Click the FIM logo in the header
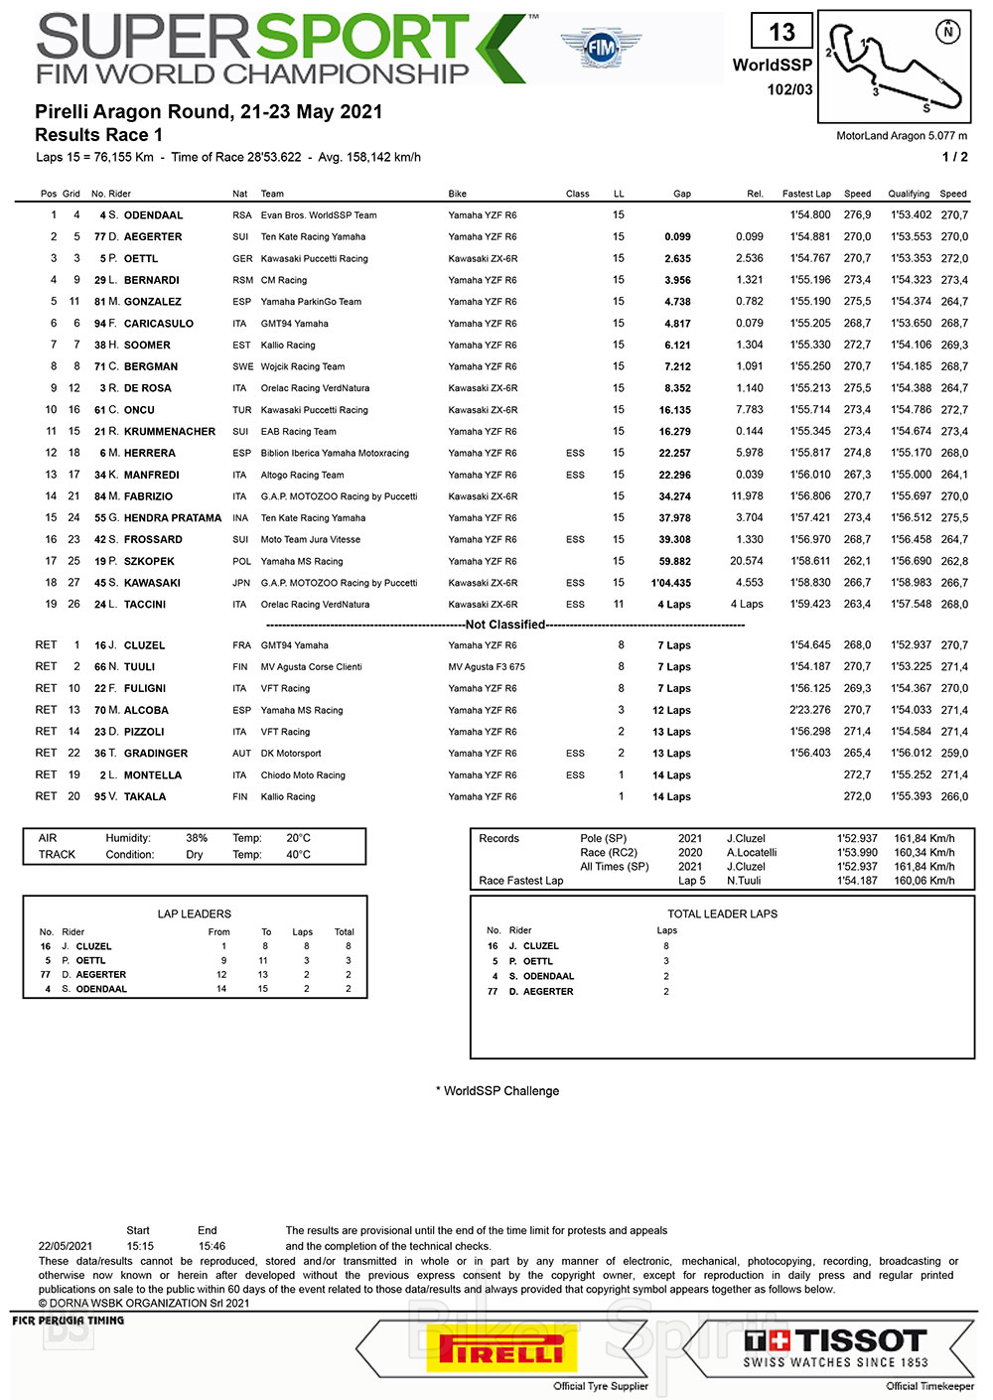coord(601,47)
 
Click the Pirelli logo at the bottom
coord(501,1351)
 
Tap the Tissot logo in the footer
coord(835,1348)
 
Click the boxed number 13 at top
coord(781,33)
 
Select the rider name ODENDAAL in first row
coord(153,215)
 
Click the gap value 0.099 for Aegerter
coord(677,237)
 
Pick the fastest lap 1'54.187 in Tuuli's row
coord(810,667)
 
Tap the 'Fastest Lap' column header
coord(806,194)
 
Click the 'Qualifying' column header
coord(909,194)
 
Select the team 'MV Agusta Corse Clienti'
coord(311,667)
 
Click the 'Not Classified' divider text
coord(505,625)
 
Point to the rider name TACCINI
coord(145,605)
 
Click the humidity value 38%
coord(197,838)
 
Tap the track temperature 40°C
coord(298,854)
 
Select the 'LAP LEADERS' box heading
coord(195,913)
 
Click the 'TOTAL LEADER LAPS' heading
coord(722,913)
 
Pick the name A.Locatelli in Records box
coord(752,852)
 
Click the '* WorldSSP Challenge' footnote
coord(497,1091)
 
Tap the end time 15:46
coord(212,1246)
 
